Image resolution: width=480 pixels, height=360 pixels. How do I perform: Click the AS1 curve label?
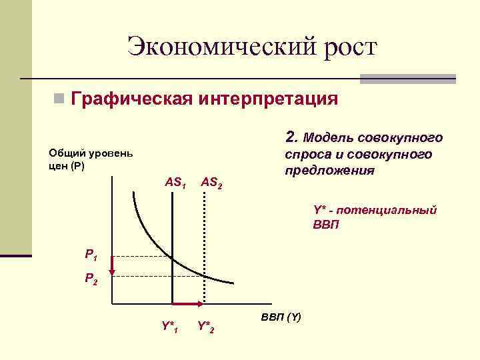(175, 181)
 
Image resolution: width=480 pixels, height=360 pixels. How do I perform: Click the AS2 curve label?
(211, 181)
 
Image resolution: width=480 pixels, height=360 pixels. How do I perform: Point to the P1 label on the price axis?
(91, 254)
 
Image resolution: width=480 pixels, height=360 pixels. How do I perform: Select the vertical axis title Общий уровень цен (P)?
(91, 159)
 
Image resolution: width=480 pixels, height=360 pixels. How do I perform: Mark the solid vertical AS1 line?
(173, 220)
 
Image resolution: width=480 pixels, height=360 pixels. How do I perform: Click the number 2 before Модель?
(290, 137)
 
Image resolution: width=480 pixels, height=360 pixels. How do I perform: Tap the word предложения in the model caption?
(329, 171)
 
